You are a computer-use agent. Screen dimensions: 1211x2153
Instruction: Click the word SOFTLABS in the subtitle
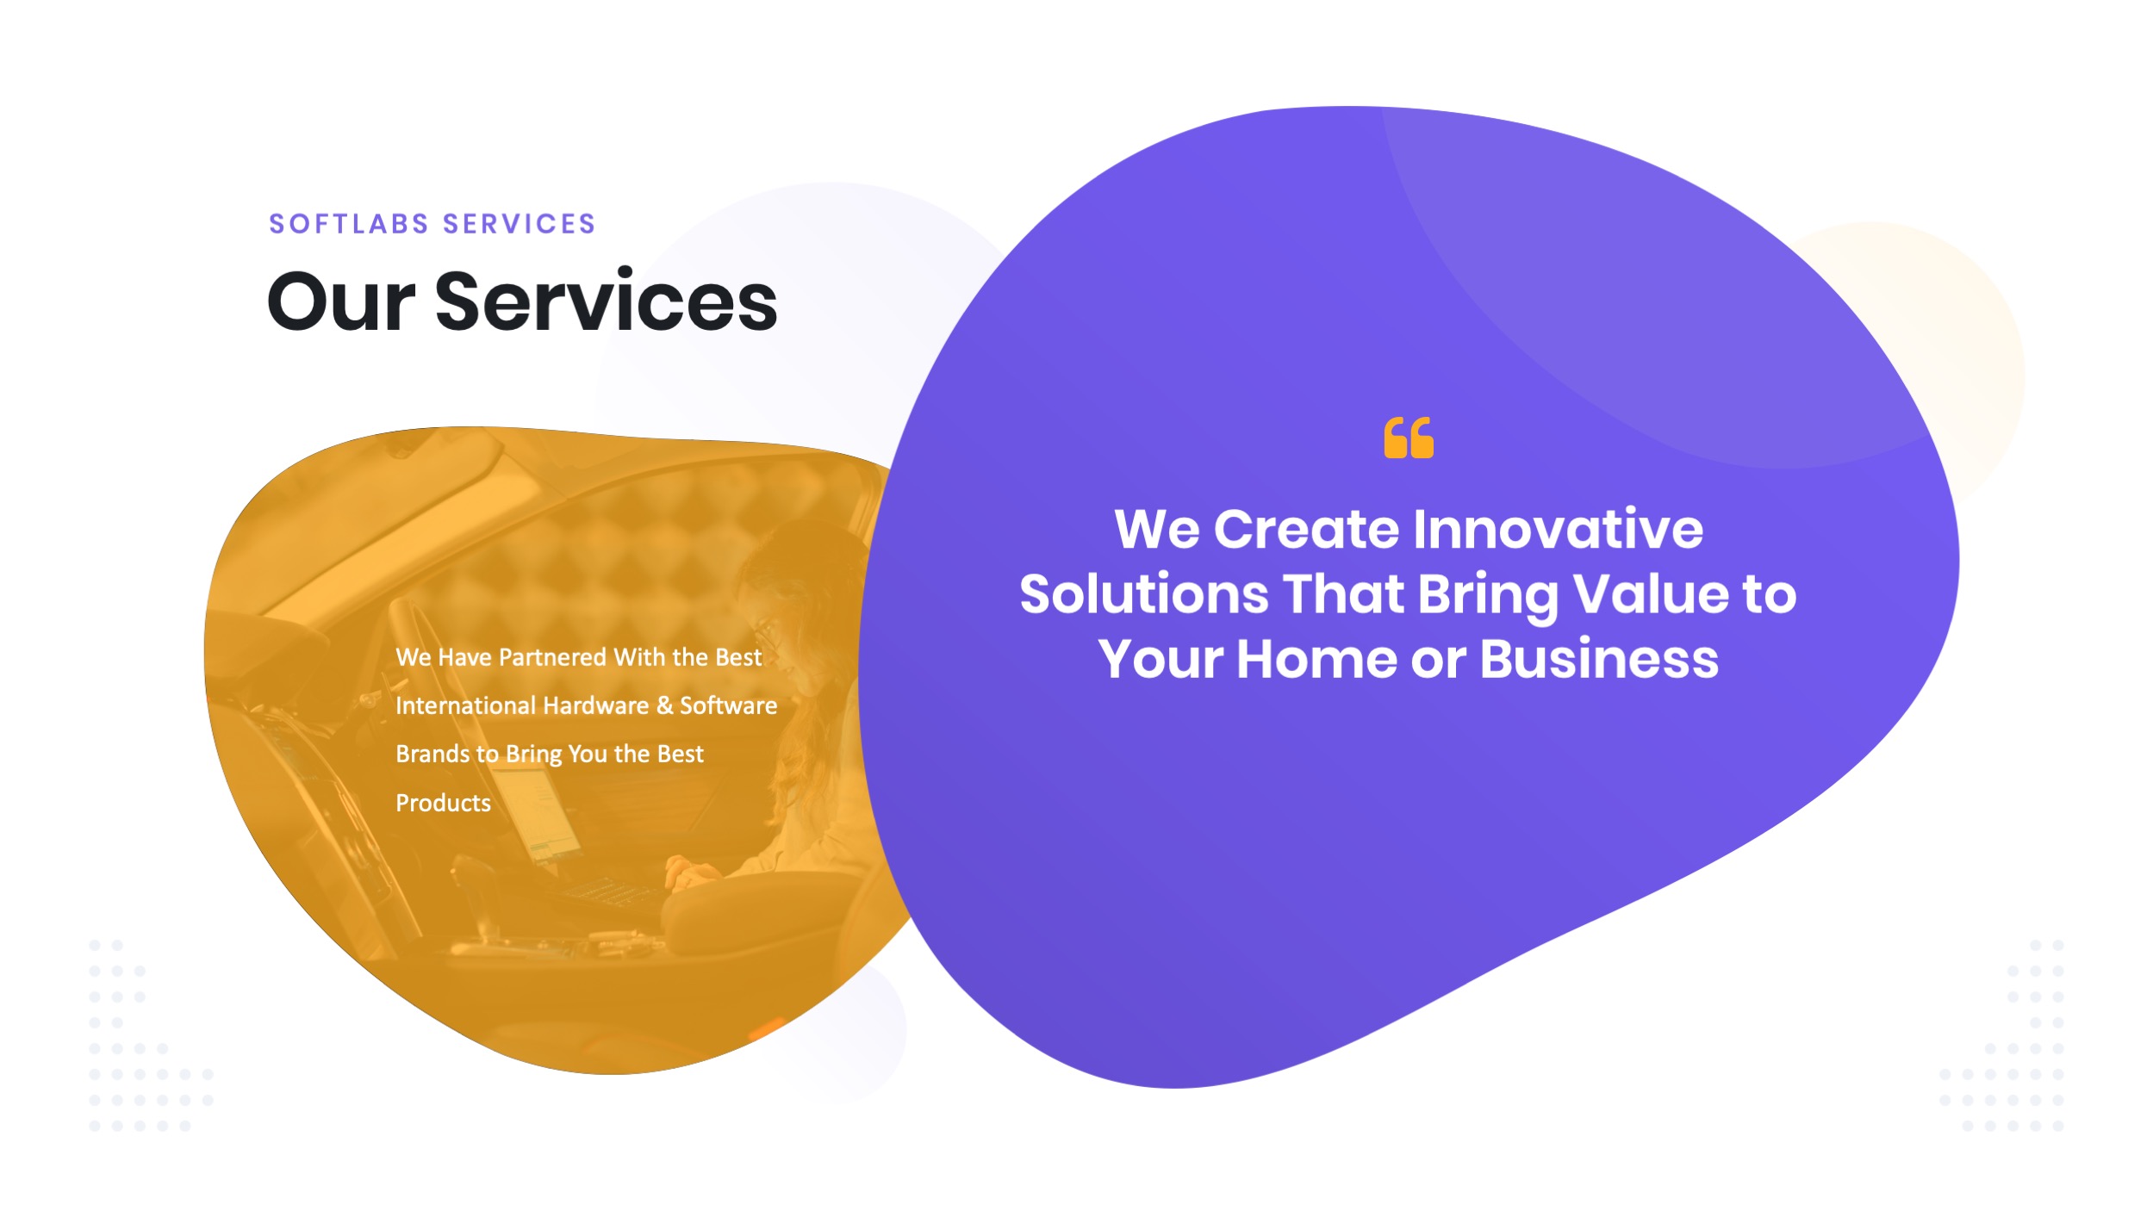[349, 224]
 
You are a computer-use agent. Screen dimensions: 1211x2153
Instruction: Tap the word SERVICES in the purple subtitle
[519, 224]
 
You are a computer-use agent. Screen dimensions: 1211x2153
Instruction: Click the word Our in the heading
[341, 302]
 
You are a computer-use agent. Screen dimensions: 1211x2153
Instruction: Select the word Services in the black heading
[606, 302]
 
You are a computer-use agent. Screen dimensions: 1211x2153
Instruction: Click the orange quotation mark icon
[1408, 438]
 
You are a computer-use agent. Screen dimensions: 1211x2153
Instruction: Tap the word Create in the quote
[1306, 529]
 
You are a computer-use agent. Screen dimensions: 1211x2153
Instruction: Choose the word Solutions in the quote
[1143, 594]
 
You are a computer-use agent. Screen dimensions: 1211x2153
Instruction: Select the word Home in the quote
[1317, 660]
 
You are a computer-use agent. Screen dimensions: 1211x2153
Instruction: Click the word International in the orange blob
[465, 706]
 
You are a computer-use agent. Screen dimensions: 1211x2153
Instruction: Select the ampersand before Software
[664, 706]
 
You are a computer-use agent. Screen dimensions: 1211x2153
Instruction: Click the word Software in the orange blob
[728, 706]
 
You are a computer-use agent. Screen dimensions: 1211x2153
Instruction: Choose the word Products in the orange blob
[443, 804]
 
